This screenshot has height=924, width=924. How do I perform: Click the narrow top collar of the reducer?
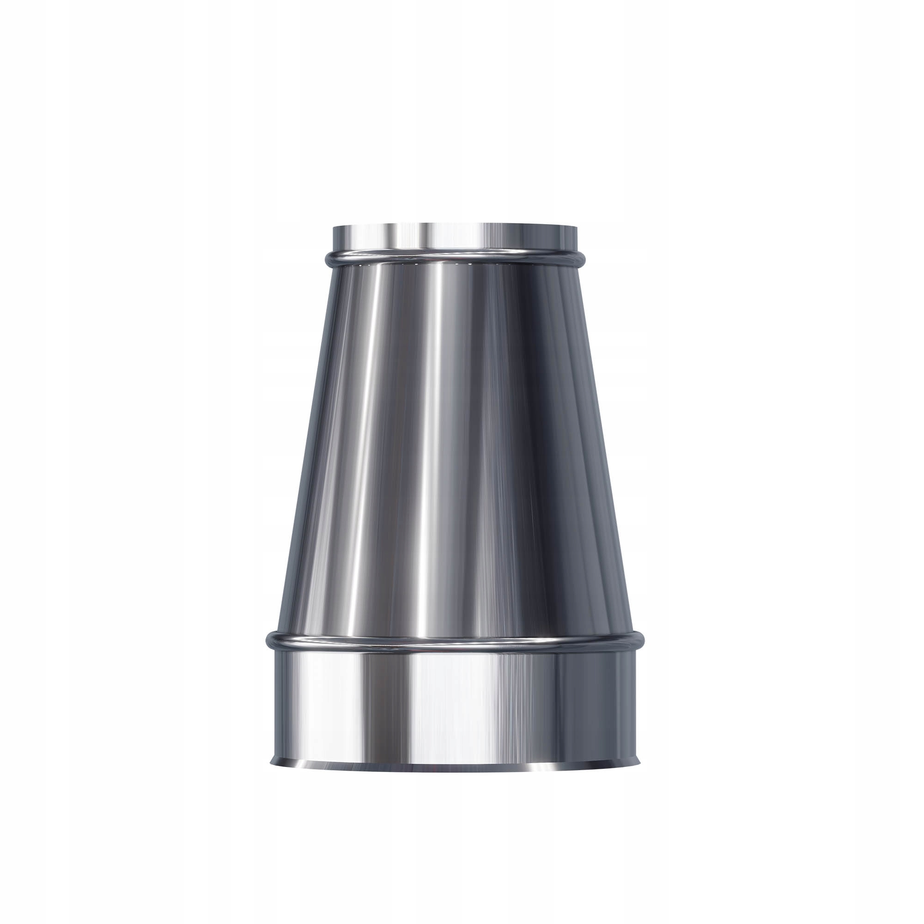[454, 237]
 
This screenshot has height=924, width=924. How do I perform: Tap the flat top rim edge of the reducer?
[454, 225]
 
